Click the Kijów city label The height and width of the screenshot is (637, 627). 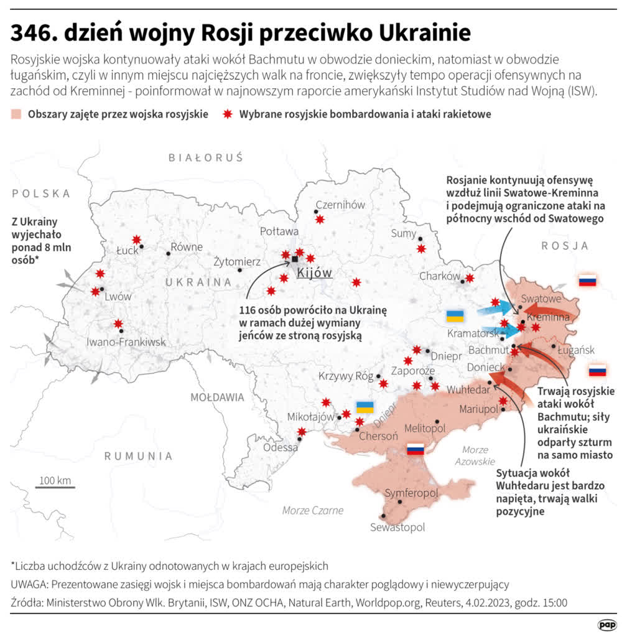(315, 272)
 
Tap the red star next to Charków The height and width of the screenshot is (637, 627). (470, 278)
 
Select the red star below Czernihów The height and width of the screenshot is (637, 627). (320, 219)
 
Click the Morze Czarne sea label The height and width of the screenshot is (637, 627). (312, 510)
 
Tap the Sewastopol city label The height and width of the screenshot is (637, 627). (397, 527)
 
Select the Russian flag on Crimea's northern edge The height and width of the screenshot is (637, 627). (415, 450)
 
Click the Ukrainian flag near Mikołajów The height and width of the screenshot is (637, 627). (365, 407)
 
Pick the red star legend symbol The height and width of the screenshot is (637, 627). (228, 114)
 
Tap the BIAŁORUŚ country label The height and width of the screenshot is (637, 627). (205, 158)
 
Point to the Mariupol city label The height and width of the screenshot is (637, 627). (479, 409)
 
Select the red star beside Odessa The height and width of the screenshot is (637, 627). (302, 432)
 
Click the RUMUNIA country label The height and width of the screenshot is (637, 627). (138, 456)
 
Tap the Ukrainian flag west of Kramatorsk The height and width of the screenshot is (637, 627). (455, 315)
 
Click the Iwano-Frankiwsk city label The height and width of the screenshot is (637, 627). (126, 342)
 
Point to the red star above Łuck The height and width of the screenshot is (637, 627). (136, 239)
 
